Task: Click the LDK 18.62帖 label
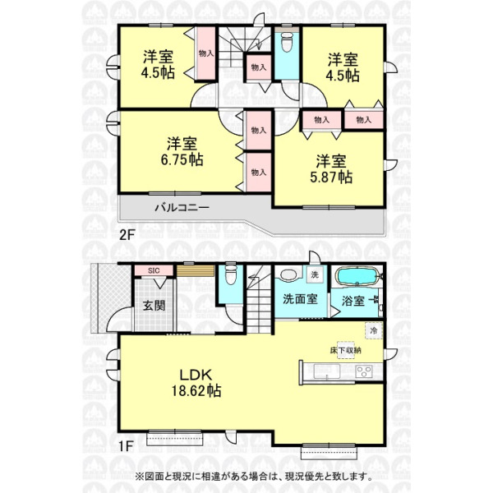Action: click(x=196, y=383)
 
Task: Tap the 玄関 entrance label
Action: click(x=154, y=305)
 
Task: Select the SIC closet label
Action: click(x=154, y=270)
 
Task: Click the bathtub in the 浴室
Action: click(x=357, y=276)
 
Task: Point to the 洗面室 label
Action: click(x=300, y=299)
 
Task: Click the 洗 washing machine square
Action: click(x=315, y=274)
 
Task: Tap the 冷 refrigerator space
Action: click(x=374, y=330)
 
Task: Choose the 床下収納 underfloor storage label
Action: click(x=346, y=350)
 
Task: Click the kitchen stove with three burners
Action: click(x=364, y=372)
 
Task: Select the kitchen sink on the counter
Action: click(x=327, y=371)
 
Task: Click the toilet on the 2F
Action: click(x=287, y=42)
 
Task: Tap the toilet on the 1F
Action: click(x=230, y=275)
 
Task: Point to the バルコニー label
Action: click(x=182, y=207)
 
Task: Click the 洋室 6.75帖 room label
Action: click(x=182, y=151)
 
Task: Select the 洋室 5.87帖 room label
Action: click(x=331, y=169)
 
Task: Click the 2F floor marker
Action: click(x=127, y=235)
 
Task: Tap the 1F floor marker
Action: click(x=127, y=445)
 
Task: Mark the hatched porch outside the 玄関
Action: click(x=110, y=297)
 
